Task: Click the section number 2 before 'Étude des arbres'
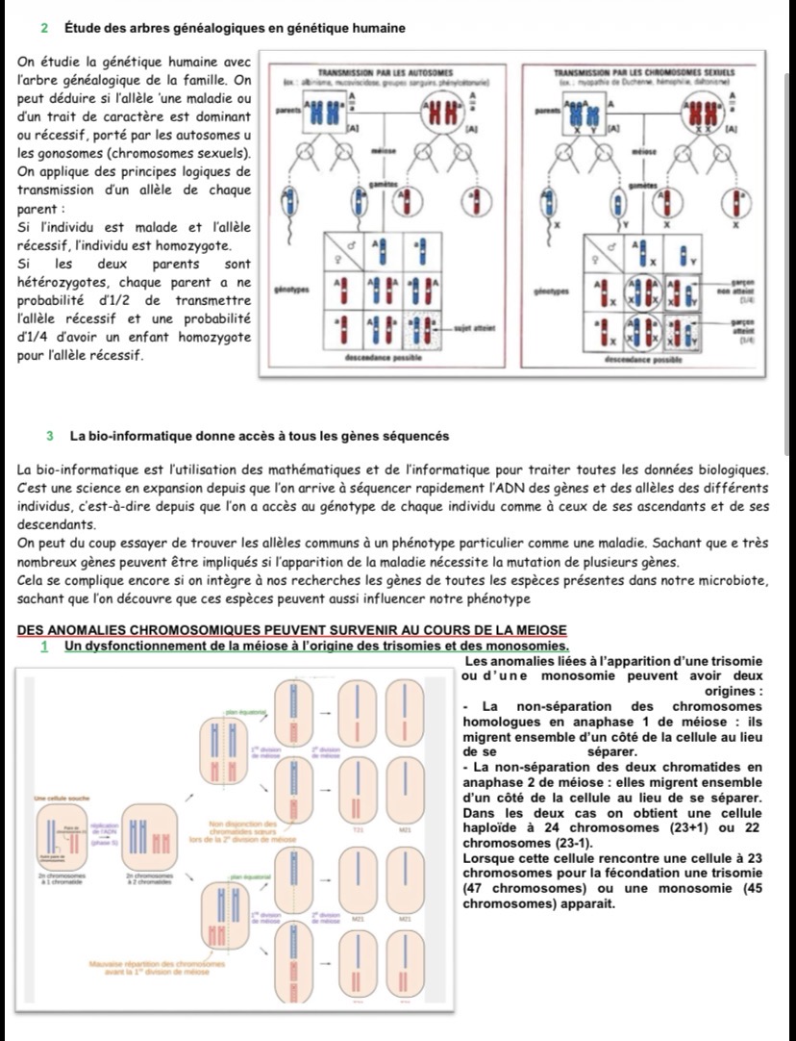(47, 27)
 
